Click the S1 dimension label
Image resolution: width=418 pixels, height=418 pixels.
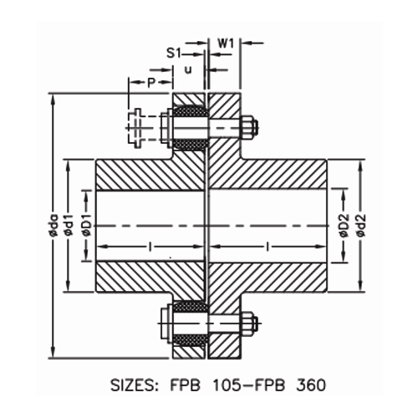[x=173, y=52]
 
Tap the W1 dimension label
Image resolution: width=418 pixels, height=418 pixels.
[x=226, y=41]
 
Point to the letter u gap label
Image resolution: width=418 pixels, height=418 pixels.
[x=187, y=70]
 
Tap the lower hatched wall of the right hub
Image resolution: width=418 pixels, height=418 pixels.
[x=268, y=277]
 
